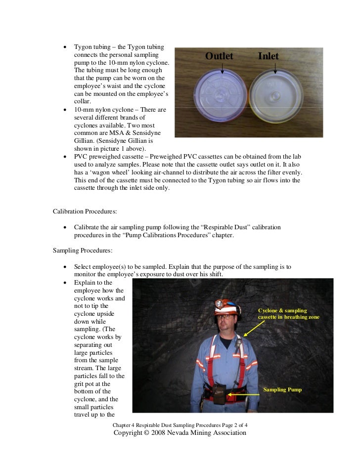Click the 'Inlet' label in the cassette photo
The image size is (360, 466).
[268, 56]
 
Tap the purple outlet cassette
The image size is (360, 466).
[221, 96]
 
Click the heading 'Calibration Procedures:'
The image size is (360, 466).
[85, 212]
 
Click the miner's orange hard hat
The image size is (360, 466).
[224, 306]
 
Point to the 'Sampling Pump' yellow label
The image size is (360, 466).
[282, 390]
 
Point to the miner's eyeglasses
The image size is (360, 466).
[223, 317]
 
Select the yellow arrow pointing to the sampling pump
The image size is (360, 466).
[245, 394]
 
